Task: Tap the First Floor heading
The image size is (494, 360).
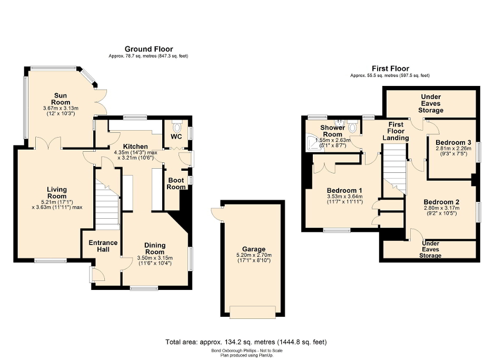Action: (390, 69)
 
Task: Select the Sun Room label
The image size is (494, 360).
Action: (61, 99)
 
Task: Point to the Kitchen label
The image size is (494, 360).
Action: (135, 146)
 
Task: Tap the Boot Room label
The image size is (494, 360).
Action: (176, 183)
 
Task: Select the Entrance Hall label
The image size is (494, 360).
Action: (103, 246)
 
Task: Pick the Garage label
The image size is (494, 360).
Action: (254, 249)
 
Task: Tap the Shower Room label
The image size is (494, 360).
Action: (333, 131)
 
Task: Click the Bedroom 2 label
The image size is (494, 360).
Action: (442, 202)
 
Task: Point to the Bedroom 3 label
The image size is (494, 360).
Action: (453, 142)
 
